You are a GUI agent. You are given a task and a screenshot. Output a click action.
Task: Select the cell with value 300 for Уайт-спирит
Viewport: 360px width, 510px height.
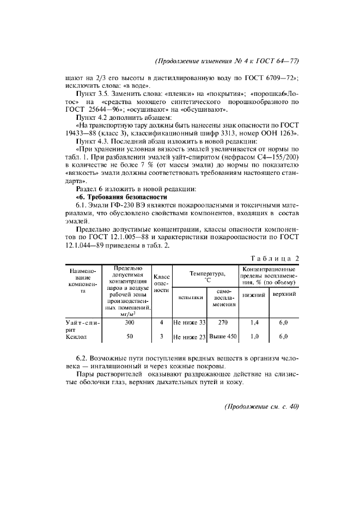click(x=130, y=323)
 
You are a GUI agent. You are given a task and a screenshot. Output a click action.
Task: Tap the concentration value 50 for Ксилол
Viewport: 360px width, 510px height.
click(x=130, y=337)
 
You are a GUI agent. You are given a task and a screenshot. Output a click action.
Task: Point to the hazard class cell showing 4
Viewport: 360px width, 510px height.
click(x=162, y=323)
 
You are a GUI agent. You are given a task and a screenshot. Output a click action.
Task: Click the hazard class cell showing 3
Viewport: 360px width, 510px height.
click(x=162, y=337)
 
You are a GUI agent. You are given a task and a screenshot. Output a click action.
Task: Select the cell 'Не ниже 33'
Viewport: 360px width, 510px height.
click(x=190, y=323)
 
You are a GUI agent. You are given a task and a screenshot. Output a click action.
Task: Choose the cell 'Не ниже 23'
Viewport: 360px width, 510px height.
click(x=190, y=337)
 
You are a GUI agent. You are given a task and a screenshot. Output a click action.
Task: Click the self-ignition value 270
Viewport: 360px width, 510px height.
click(x=222, y=323)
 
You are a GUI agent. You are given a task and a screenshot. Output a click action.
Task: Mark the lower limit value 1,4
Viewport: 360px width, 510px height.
click(x=253, y=323)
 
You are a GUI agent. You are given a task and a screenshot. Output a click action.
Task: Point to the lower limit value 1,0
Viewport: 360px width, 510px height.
click(x=253, y=337)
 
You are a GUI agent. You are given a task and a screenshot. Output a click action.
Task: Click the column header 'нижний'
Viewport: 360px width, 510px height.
click(x=253, y=295)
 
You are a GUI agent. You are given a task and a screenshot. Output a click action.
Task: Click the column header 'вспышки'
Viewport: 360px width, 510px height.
click(x=190, y=297)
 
